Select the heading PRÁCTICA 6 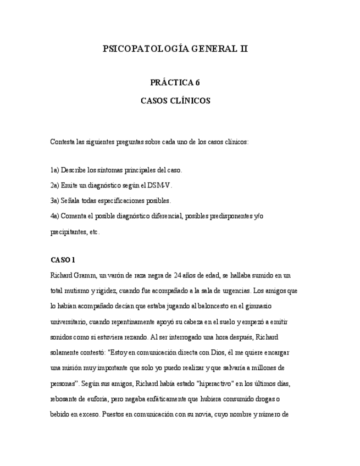175,83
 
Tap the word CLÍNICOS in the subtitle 190,101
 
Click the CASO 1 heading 62,259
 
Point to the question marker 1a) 54,170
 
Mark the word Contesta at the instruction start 63,141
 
